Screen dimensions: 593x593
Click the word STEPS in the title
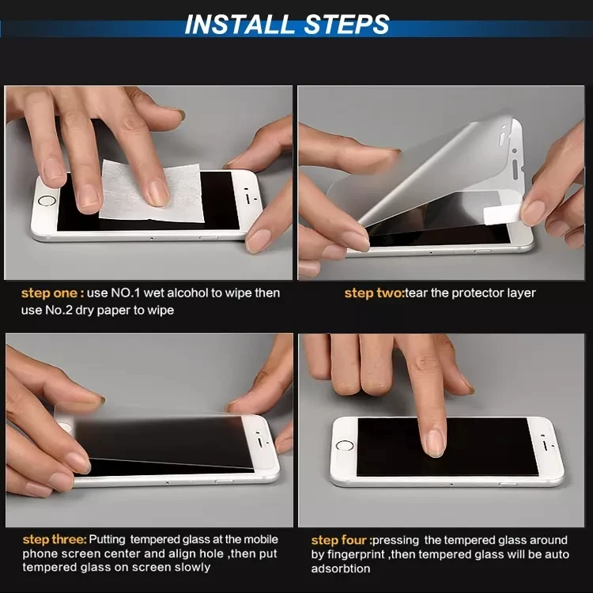346,25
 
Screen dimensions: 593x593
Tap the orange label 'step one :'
52,293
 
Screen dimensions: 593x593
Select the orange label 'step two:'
375,293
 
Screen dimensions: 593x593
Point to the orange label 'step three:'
55,540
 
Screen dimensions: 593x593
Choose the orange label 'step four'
339,540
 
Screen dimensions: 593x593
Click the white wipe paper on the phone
151,191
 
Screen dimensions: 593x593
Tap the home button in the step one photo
47,201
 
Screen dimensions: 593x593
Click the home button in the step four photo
345,446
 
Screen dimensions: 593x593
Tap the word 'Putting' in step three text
107,540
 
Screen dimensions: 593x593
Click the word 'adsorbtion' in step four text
341,568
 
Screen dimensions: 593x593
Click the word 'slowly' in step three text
191,567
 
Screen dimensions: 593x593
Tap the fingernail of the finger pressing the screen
434,443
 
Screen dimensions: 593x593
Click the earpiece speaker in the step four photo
545,444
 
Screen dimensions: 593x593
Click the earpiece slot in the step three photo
260,442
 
